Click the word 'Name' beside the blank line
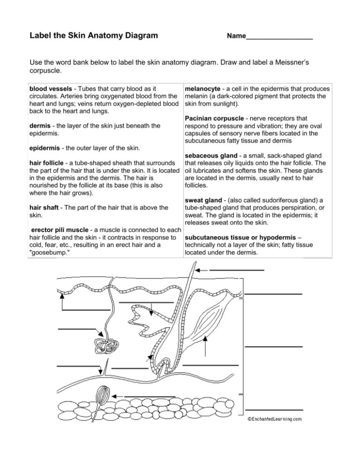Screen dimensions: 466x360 point(236,36)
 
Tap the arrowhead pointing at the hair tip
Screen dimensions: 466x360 point(197,271)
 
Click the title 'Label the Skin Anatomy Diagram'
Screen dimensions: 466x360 point(93,36)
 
